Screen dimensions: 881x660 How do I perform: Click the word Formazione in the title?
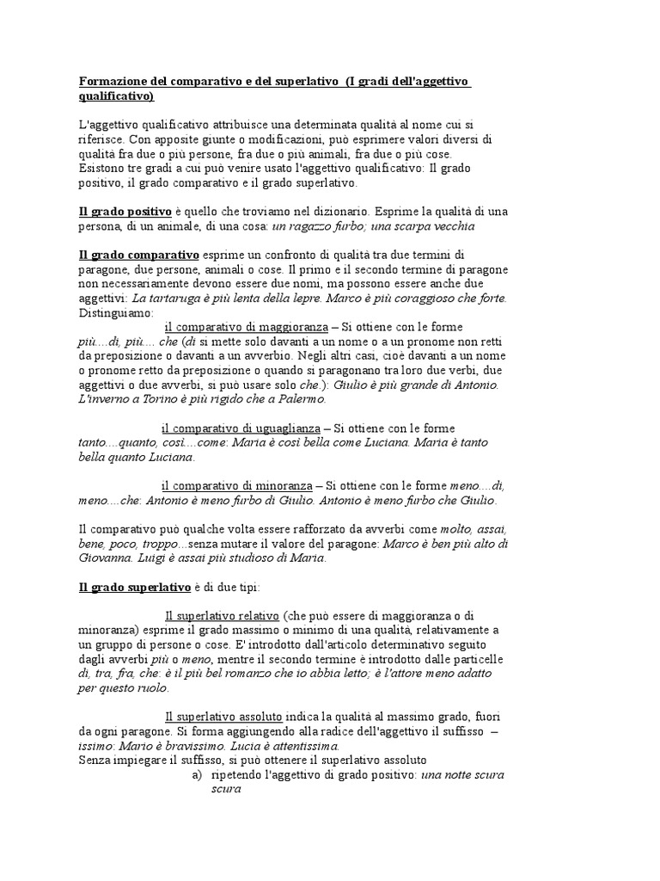tap(111, 82)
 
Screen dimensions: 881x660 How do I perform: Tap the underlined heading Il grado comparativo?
tap(138, 255)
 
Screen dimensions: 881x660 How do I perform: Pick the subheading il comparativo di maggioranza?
tap(246, 327)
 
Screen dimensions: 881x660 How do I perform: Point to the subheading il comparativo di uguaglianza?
tap(241, 428)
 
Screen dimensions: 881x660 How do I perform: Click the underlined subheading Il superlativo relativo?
tap(222, 616)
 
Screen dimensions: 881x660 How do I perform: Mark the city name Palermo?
tap(297, 399)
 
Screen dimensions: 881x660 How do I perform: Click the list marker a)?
tap(197, 775)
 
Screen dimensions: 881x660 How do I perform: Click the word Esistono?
tap(101, 168)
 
